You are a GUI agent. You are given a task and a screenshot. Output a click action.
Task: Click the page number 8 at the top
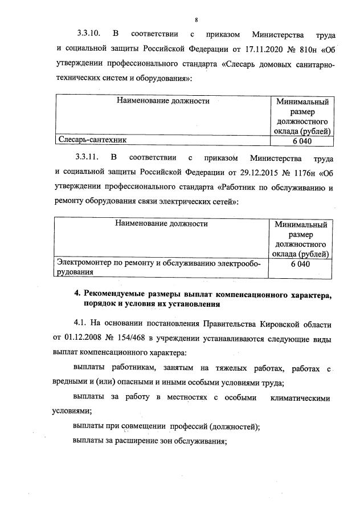(180, 6)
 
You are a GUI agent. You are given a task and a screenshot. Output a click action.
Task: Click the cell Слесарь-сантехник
(91, 139)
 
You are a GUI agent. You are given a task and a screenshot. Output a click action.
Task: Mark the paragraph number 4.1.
(81, 324)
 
